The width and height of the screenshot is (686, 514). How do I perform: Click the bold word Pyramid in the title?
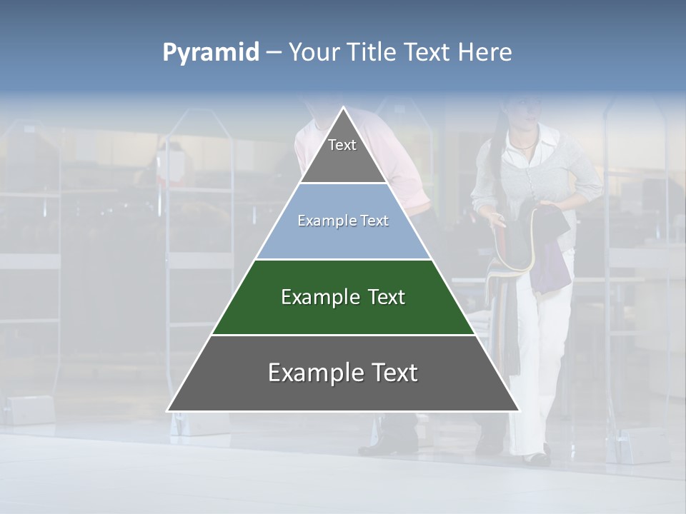pos(211,53)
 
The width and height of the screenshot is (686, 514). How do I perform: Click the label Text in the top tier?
pos(342,145)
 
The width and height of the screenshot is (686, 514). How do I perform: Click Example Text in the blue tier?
pos(343,221)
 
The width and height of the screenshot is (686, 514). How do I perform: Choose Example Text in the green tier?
pos(343,297)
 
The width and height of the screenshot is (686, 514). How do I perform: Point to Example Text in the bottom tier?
pos(343,373)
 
